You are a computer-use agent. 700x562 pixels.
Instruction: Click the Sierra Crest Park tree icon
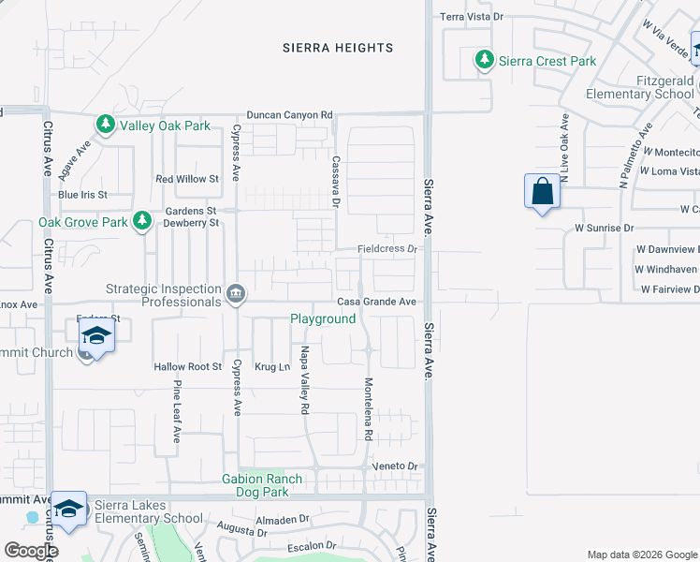(484, 61)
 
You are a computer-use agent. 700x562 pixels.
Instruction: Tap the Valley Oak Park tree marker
(106, 125)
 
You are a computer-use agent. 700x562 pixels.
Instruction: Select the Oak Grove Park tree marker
(141, 222)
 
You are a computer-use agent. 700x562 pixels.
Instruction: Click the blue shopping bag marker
(542, 192)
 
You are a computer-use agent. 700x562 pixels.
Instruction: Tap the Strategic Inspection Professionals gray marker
(235, 295)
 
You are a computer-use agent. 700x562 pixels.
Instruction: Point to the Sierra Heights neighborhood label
(338, 48)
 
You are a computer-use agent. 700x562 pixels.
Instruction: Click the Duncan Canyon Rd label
(290, 114)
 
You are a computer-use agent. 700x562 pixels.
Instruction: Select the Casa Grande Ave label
(376, 302)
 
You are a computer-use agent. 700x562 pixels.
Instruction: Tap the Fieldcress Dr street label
(386, 249)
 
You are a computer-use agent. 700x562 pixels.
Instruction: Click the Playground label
(323, 318)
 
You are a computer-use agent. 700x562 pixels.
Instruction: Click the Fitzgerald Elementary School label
(640, 87)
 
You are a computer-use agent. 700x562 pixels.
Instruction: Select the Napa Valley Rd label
(304, 379)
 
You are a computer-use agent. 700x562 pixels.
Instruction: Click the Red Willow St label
(187, 179)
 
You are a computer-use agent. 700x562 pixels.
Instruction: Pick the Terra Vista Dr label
(472, 17)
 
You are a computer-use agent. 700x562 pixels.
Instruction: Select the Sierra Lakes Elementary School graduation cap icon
(69, 509)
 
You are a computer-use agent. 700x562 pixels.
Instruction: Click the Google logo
(31, 550)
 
